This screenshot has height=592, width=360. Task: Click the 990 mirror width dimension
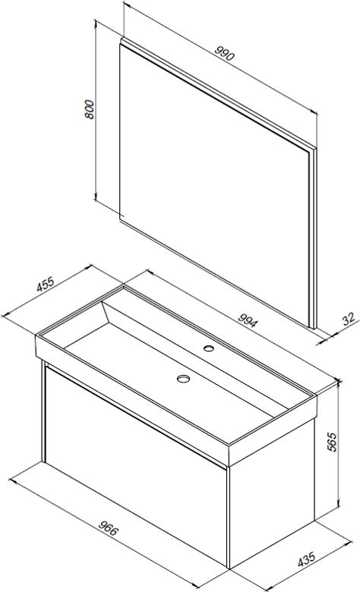coord(225,54)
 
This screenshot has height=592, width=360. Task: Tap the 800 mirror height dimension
coord(90,109)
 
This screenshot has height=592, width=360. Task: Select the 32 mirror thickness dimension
coord(349,319)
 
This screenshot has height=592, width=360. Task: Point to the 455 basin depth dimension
coord(46,285)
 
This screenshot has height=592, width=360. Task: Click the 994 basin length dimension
coord(248,320)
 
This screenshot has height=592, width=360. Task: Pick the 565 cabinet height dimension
coord(331,442)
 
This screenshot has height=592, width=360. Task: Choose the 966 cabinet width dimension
coord(109,527)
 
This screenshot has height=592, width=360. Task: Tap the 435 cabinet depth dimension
coord(306,559)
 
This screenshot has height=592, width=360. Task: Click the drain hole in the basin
coord(183,378)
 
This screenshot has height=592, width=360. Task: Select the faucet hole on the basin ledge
coord(208,348)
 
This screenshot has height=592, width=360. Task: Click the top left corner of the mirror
coord(121,39)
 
